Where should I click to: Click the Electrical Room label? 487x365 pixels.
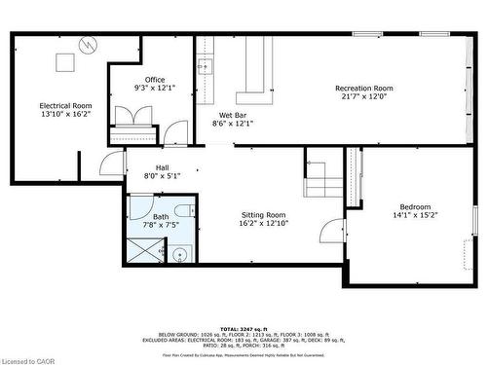click(x=66, y=105)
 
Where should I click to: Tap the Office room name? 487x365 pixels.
click(x=155, y=80)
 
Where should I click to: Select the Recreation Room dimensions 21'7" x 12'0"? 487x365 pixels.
click(x=364, y=96)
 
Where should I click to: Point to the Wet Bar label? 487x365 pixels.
click(x=232, y=114)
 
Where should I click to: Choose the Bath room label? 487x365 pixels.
click(x=161, y=216)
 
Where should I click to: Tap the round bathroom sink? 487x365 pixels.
click(x=179, y=256)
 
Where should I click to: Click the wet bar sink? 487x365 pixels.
click(x=206, y=67)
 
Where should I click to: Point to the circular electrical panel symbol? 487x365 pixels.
click(x=89, y=46)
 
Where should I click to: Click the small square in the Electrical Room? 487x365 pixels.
click(x=65, y=62)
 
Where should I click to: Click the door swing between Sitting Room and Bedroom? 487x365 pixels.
click(x=334, y=231)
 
